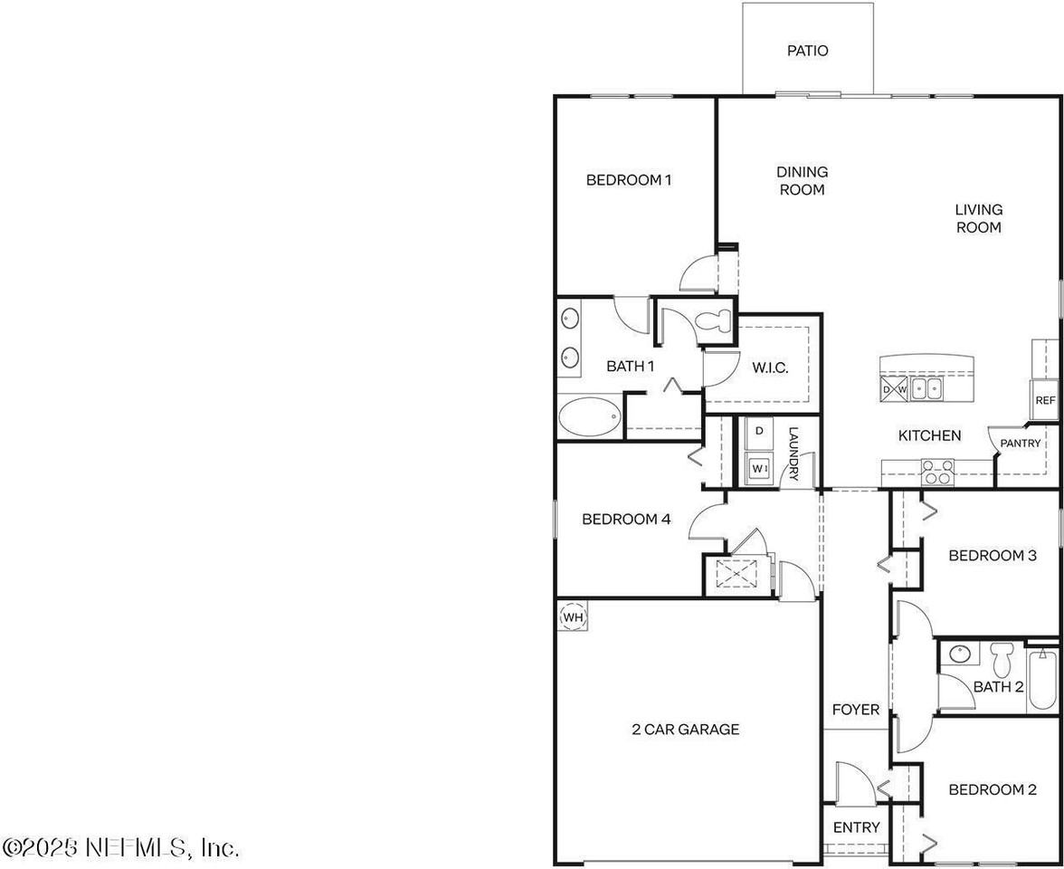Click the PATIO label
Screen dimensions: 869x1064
pos(807,52)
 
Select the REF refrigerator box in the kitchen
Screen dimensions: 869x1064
pos(1045,400)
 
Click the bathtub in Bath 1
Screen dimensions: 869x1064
pos(589,417)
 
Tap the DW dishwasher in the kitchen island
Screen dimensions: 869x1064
pos(894,390)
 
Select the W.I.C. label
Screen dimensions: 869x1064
pos(770,368)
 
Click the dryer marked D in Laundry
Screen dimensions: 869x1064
pos(760,432)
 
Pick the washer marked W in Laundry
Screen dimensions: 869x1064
pos(760,468)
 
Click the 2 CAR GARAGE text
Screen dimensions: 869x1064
pos(685,729)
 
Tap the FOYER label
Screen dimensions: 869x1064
pos(855,710)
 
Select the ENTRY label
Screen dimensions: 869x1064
pos(856,827)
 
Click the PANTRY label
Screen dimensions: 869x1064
pos(1020,444)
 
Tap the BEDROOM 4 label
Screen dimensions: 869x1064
pos(626,520)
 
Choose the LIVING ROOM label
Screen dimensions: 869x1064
pos(978,218)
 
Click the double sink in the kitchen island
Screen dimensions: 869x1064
pos(926,389)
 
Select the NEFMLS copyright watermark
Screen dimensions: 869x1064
pos(121,847)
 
